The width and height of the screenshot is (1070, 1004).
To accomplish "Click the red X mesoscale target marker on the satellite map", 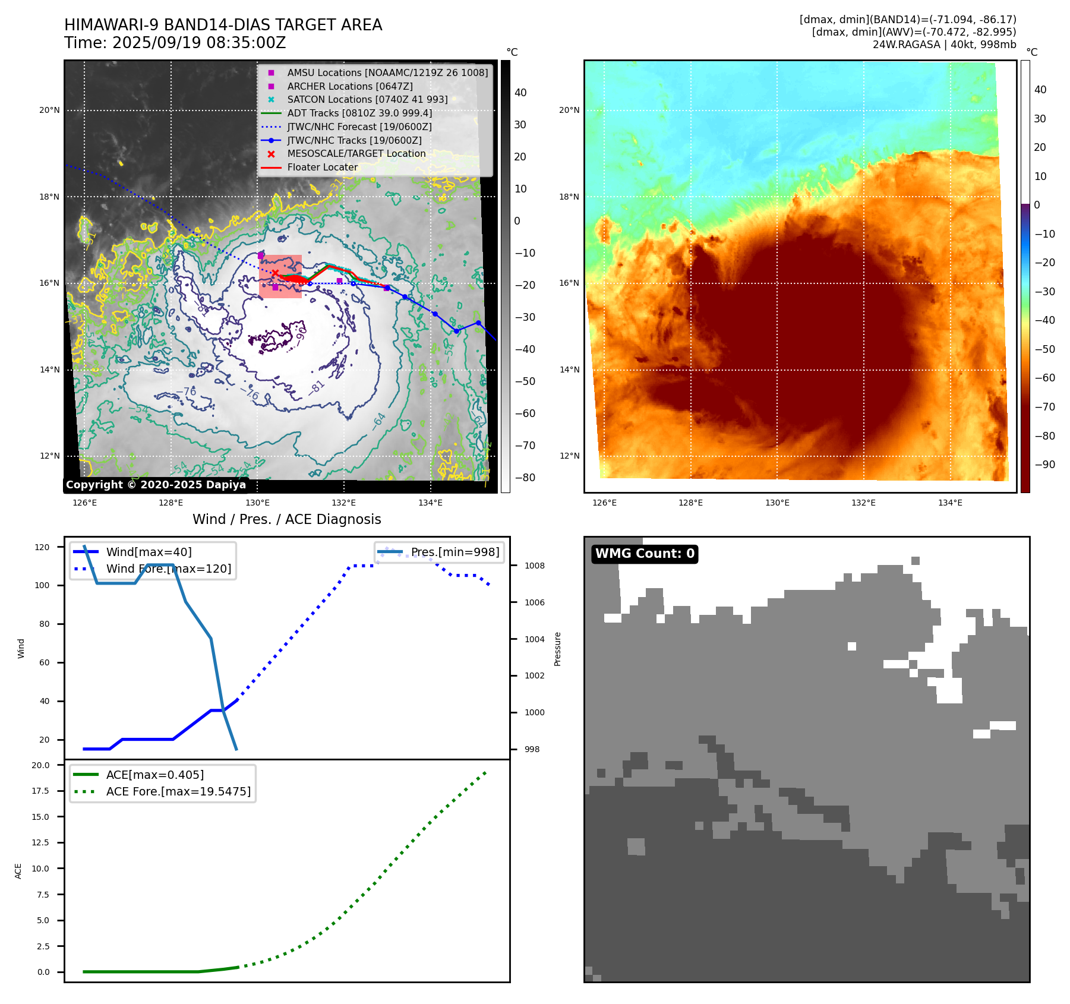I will point(275,273).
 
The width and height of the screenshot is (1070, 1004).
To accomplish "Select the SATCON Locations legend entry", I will point(367,100).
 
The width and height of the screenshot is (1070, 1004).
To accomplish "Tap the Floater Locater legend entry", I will point(322,168).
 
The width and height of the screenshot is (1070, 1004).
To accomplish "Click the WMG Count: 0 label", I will point(645,554).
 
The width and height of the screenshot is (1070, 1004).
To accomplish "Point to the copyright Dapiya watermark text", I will point(156,485).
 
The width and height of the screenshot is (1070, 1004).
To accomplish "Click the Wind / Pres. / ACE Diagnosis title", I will point(287,519).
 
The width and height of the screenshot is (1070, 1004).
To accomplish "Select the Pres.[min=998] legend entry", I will point(455,552).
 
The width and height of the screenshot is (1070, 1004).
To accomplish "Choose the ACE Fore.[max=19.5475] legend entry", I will point(178,791).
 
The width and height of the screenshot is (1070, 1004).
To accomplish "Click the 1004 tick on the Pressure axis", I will point(534,639).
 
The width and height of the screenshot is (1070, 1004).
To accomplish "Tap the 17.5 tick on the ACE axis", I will point(40,791).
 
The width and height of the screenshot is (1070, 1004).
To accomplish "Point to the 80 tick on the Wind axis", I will point(45,624).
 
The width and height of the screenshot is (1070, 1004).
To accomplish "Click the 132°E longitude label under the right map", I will point(863,503).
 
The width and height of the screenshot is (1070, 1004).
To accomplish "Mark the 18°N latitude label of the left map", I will point(49,197).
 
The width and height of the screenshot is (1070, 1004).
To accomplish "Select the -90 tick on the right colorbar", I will point(1044,465).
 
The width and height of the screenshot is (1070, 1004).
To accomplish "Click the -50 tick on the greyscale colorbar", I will point(525,381).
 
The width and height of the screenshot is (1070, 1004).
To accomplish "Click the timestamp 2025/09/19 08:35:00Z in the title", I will point(199,43).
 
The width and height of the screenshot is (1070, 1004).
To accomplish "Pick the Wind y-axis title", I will point(21,648).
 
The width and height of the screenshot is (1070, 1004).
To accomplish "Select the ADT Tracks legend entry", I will point(359,113).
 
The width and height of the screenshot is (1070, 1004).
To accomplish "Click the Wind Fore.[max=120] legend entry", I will point(168,569).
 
